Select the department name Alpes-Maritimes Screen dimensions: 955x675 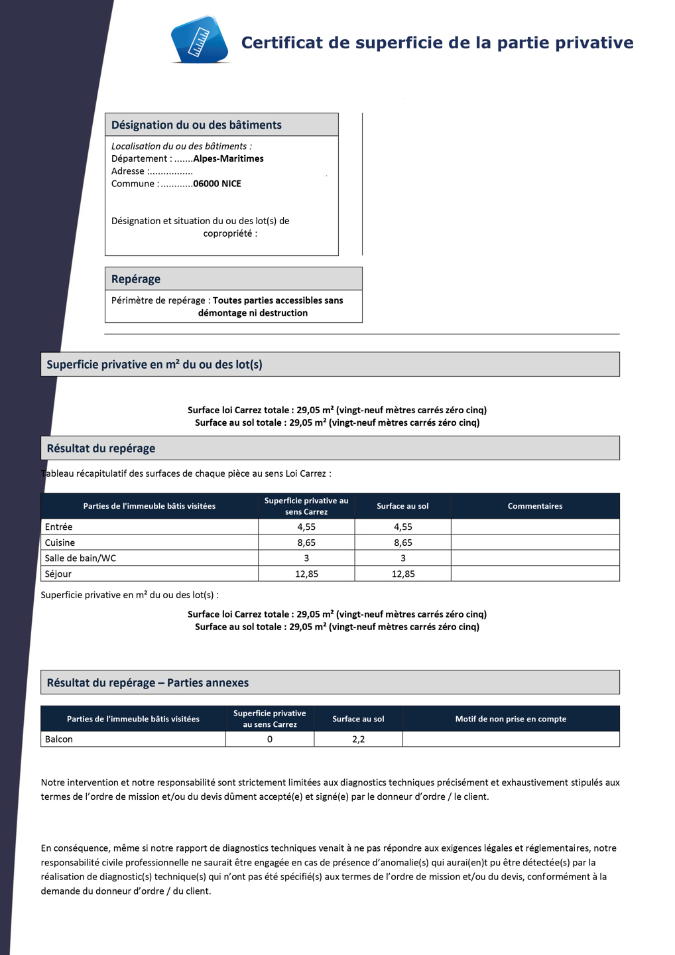pos(228,159)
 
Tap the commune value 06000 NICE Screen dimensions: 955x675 pos(217,184)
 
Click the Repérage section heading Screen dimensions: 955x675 pos(136,279)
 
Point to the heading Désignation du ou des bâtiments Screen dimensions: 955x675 pos(196,125)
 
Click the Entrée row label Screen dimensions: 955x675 pos(59,527)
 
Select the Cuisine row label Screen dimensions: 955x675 pos(60,542)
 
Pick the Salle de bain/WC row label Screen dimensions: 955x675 pos(80,558)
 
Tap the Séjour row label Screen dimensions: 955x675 pos(58,574)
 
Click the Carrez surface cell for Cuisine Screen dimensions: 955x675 pos(306,542)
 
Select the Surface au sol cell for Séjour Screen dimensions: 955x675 pos(403,574)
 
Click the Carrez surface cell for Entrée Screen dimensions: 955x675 pos(306,527)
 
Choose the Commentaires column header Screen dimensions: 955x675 pos(535,506)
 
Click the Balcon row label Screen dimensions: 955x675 pos(59,739)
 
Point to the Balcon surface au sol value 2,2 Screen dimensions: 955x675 pos(358,739)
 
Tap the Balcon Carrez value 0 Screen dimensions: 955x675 pos(270,739)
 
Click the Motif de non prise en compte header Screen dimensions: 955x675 pos(511,719)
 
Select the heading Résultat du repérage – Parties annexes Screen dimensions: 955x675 pos(148,683)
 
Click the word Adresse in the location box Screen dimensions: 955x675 pos(127,171)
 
